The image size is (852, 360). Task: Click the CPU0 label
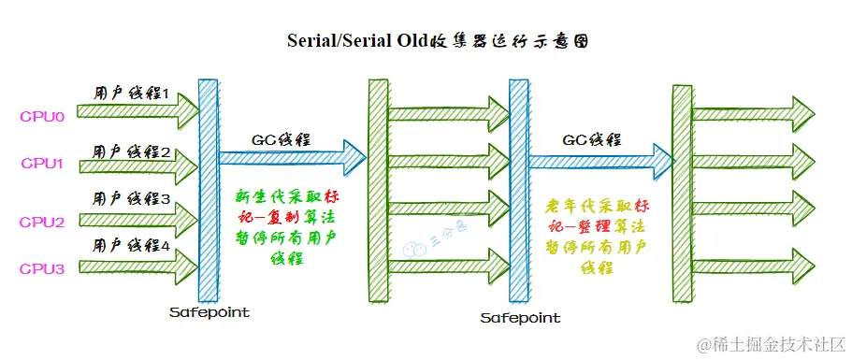coord(41,118)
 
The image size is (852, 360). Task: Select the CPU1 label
coord(41,164)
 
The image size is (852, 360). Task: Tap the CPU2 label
coord(41,222)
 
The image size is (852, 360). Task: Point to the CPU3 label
coord(41,269)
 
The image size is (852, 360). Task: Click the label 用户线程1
coord(131,94)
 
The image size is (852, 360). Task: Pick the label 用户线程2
coord(131,151)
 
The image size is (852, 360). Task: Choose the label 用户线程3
coord(131,199)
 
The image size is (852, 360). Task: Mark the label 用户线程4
coord(131,247)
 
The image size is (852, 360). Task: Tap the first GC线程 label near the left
coord(282,140)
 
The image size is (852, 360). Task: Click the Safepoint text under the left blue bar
coord(209,311)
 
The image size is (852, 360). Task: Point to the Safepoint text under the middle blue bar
coord(520,318)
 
